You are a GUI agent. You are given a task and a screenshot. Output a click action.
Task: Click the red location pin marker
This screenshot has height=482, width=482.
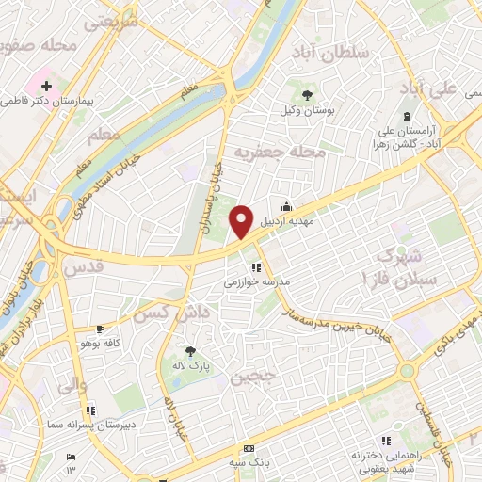(x=242, y=220)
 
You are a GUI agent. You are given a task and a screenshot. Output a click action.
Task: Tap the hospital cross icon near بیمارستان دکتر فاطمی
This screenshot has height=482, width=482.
(x=45, y=86)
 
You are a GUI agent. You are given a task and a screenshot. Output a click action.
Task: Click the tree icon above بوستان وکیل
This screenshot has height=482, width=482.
(x=307, y=93)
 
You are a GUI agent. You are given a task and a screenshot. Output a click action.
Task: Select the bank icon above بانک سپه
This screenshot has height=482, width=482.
(x=249, y=449)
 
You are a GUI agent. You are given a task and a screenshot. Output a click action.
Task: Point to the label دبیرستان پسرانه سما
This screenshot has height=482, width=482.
(x=93, y=426)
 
